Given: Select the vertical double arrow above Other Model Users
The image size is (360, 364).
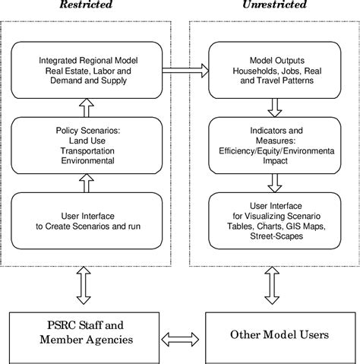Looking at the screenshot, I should click(270, 286).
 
